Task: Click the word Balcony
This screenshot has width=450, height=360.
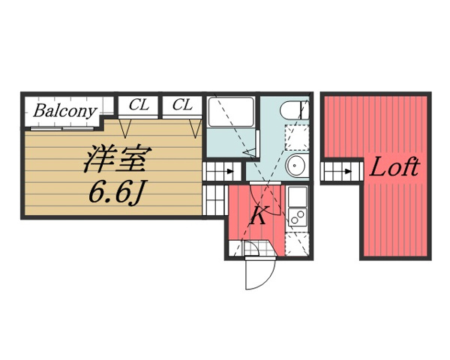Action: pos(64,111)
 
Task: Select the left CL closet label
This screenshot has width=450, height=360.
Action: pos(139,104)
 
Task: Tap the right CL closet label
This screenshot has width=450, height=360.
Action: pos(182,104)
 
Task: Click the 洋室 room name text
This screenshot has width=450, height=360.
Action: pos(118,159)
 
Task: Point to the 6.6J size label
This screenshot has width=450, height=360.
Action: pos(117,192)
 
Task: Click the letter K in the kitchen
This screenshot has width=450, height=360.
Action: pos(258,215)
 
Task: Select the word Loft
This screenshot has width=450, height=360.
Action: pos(395,166)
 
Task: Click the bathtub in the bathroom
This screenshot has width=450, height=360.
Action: pos(231,112)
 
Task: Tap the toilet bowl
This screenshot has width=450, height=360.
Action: pos(294,110)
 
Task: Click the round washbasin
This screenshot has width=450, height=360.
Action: pos(296,165)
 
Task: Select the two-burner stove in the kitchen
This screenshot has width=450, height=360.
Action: pos(297,217)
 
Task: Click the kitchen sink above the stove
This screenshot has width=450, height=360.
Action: pos(297,197)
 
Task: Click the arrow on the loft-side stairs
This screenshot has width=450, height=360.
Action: pos(349,172)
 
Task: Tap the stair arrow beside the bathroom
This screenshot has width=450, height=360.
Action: pos(230,172)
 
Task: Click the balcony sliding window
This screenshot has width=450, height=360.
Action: pos(63,128)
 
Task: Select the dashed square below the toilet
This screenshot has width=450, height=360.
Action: pos(297,137)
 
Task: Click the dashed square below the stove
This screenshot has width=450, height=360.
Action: pos(297,244)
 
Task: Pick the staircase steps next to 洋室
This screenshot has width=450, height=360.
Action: pos(215,200)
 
